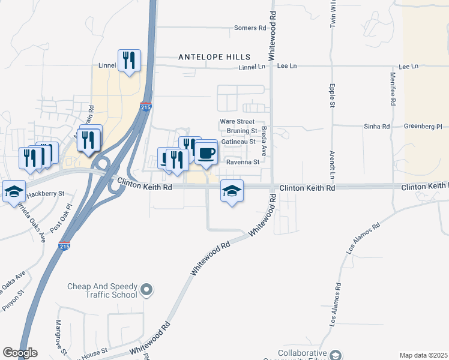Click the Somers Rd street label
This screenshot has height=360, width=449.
point(250,28)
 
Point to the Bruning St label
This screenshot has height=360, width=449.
point(242,131)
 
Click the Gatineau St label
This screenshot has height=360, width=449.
point(239,142)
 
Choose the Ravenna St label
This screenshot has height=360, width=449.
point(242,162)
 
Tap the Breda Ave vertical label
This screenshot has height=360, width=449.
point(264,142)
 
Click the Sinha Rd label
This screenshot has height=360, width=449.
point(377,127)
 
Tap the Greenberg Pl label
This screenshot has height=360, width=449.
point(423,127)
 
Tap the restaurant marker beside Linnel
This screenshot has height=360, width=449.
point(130,60)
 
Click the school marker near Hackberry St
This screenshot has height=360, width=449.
point(14,191)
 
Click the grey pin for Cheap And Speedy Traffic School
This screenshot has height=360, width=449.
point(146,292)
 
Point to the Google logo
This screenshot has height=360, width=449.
point(20,353)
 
